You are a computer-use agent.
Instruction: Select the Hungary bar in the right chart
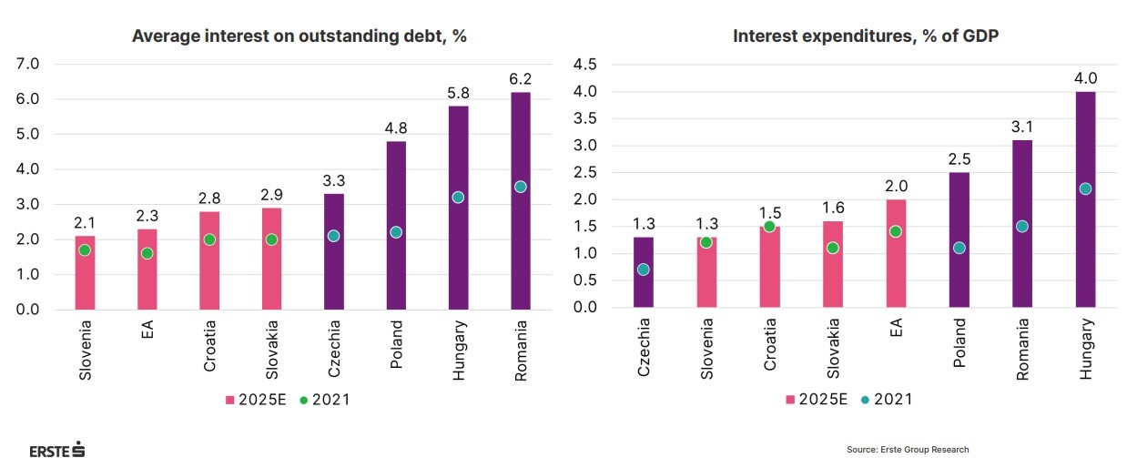click(1084, 237)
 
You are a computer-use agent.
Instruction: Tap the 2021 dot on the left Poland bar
click(396, 232)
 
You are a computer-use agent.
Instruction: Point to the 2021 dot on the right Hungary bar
click(1084, 188)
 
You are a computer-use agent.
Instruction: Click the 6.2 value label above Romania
click(521, 78)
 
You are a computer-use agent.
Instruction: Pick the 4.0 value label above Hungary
click(1084, 77)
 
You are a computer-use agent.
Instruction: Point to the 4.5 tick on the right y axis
click(583, 64)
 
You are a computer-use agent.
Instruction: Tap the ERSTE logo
click(56, 449)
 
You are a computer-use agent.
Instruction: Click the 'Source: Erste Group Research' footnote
click(908, 449)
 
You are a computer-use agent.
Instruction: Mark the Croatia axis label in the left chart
click(209, 346)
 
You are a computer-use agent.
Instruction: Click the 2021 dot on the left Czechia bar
click(333, 236)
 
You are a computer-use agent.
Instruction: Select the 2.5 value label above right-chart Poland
click(959, 158)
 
